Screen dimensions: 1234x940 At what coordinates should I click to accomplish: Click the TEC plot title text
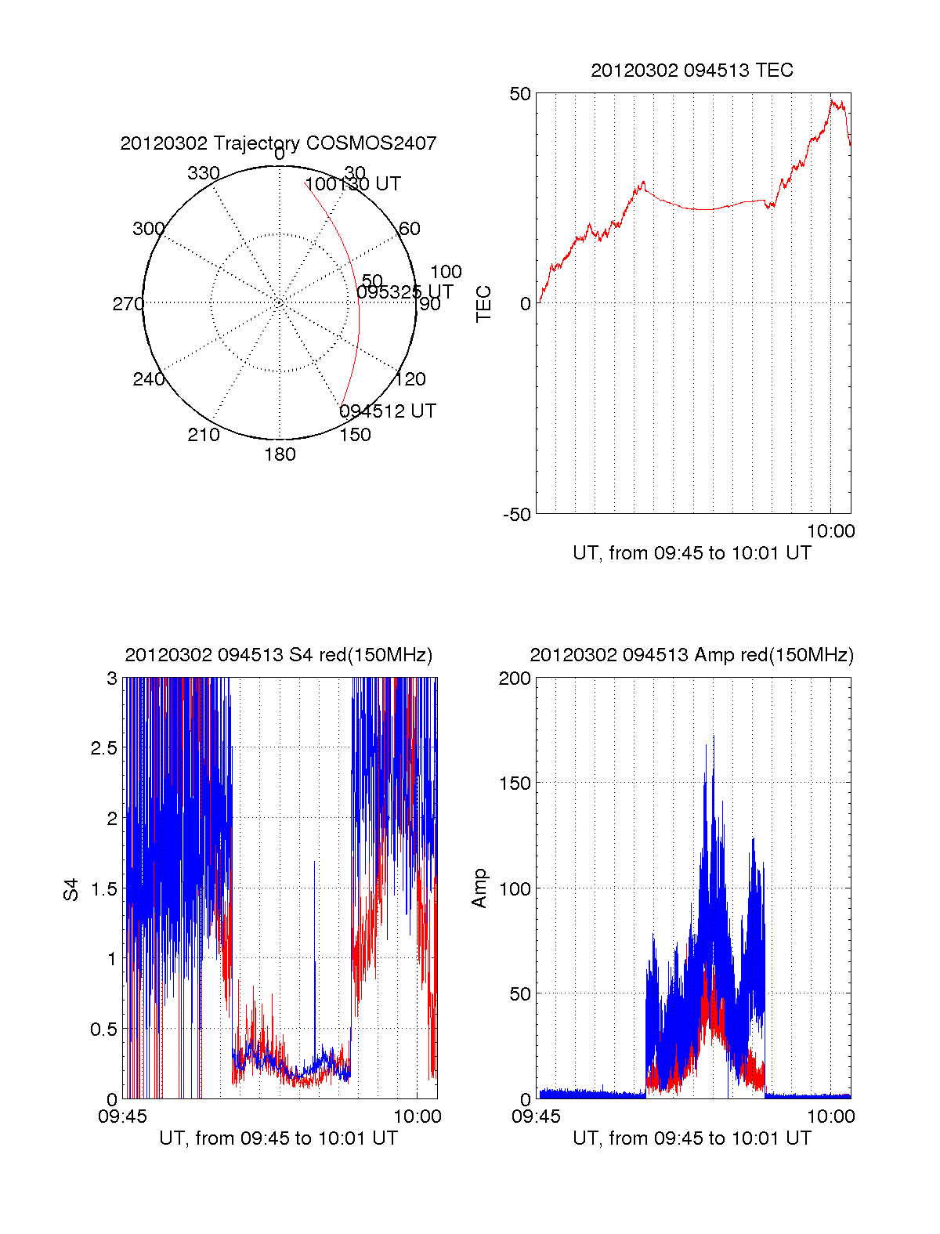pos(692,71)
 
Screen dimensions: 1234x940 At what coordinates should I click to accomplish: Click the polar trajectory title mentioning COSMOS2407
pos(278,143)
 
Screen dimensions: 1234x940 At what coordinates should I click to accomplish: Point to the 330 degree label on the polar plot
pos(204,173)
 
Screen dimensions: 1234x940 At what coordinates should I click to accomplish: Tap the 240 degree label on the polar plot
pos(149,379)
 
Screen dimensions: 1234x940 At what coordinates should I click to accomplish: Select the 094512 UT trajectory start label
pos(388,411)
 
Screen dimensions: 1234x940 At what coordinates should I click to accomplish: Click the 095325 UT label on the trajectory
pos(405,292)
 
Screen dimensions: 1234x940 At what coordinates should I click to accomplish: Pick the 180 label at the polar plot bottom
pos(280,454)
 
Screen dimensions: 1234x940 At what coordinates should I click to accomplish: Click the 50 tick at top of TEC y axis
pos(520,94)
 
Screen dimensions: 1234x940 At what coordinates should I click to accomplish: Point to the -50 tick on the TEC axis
pos(517,515)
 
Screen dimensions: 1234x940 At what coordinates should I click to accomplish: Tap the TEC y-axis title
pos(484,304)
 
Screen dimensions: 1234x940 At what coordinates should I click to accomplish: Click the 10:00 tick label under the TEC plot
pos(830,531)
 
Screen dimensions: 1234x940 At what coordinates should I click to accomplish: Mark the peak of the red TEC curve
pos(833,100)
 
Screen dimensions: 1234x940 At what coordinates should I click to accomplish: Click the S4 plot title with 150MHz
pos(278,655)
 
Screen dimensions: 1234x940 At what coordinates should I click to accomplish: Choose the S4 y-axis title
pos(71,889)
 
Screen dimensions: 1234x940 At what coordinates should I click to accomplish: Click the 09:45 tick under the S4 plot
pos(122,1116)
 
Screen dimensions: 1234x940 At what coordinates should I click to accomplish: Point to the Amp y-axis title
pos(479,888)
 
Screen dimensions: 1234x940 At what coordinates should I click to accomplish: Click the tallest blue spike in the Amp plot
pos(713,736)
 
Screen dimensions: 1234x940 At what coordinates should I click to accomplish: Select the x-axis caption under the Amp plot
pos(692,1138)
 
